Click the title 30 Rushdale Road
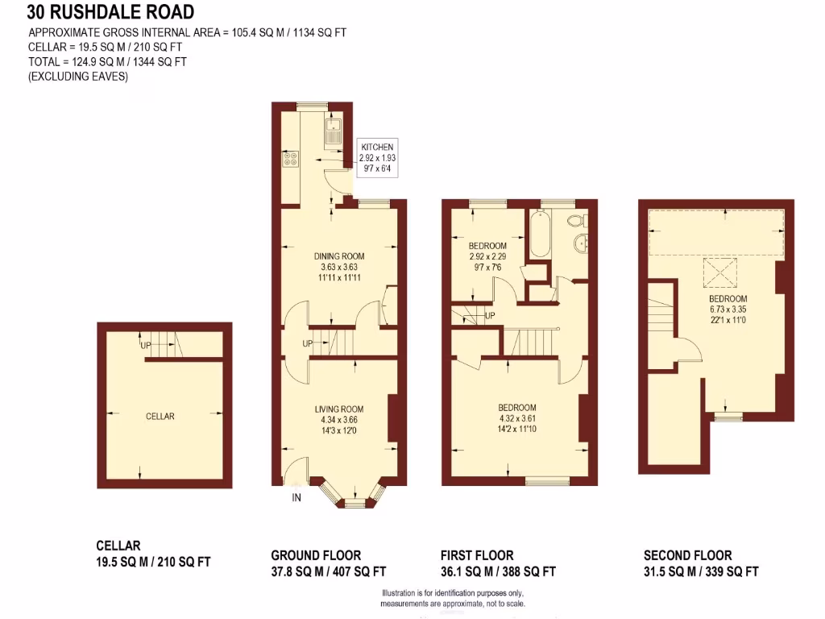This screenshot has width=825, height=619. click(x=110, y=12)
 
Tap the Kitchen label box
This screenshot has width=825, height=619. click(x=377, y=158)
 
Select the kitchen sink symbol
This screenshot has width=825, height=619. click(x=333, y=131)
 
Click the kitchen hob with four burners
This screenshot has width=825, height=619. click(x=289, y=159)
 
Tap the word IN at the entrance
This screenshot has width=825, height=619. click(x=296, y=497)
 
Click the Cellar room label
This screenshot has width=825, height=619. click(x=160, y=416)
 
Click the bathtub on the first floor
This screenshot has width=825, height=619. click(x=538, y=235)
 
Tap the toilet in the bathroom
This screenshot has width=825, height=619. click(x=576, y=219)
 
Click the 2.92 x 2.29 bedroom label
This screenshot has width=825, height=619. click(x=487, y=255)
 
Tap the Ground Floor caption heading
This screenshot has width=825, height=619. click(x=316, y=555)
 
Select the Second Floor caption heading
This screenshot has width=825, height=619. click(x=687, y=555)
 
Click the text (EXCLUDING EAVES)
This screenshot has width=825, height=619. click(x=78, y=77)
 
